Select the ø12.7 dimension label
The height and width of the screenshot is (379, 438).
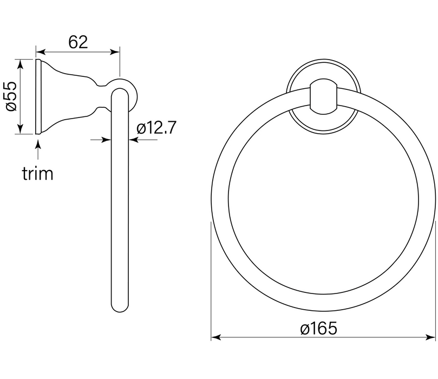click(x=156, y=128)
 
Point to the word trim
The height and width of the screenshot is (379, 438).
click(x=37, y=173)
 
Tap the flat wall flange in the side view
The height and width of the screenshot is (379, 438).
click(x=38, y=96)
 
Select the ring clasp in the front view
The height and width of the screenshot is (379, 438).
click(x=323, y=97)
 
